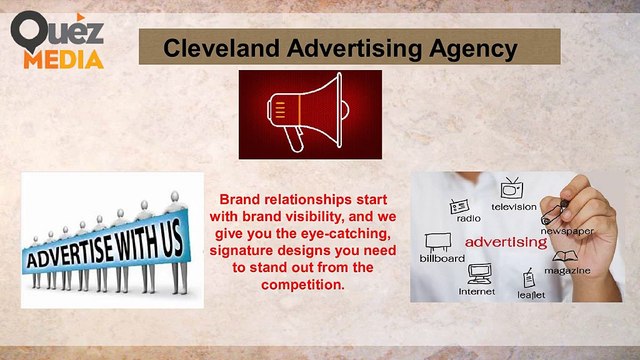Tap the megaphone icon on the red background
coord(309,114)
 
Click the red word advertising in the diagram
coord(506,241)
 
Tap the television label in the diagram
coord(513,206)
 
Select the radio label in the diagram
coord(468,217)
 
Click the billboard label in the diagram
coord(442,258)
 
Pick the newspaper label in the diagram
coord(568,231)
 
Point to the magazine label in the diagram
coord(567,270)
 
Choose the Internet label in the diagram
coord(477,291)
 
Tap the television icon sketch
coord(512,188)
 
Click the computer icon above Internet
coord(479,273)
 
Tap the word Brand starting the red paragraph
coord(238,199)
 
